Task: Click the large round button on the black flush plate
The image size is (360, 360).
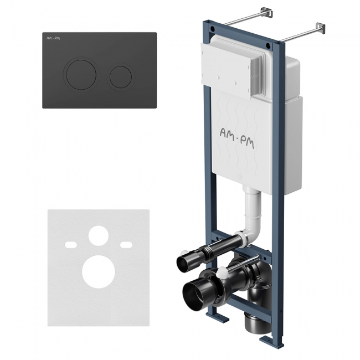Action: pos(81,75)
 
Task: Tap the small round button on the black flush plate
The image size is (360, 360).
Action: pos(121,77)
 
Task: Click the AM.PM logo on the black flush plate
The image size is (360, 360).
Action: pos(53,38)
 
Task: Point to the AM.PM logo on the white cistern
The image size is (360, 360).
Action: pos(237,138)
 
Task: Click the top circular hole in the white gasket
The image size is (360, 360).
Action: pos(99,235)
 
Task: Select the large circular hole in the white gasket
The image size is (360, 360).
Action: pos(99,271)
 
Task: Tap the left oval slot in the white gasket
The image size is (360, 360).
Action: pos(71,245)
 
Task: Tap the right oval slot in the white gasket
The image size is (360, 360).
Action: pos(126,245)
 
